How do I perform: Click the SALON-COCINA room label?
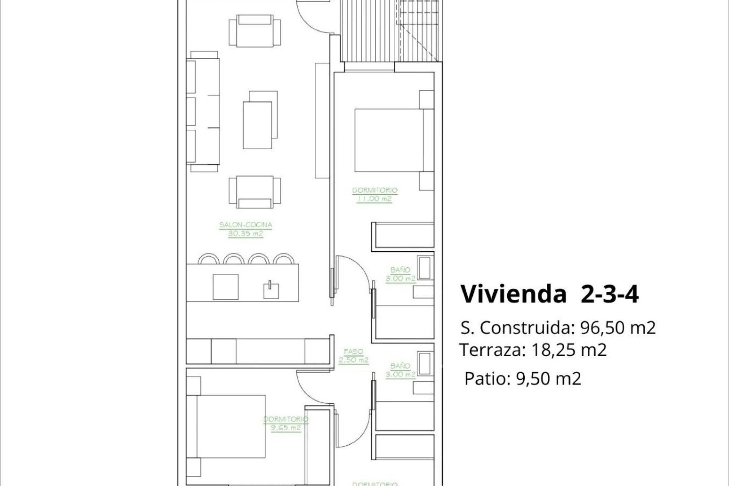(246, 225)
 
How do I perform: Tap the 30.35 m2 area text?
(245, 234)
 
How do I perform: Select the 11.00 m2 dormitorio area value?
(374, 199)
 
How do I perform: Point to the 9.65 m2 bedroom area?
(286, 428)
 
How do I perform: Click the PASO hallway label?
(353, 352)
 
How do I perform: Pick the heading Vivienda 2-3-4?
(549, 294)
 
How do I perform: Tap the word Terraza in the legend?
(490, 350)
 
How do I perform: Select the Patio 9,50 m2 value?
(548, 379)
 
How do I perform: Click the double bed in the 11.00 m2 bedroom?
(389, 140)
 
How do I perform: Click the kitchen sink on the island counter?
(271, 290)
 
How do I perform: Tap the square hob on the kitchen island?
(226, 287)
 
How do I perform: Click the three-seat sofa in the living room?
(203, 112)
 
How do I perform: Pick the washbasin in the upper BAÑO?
(425, 267)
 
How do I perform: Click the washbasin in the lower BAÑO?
(425, 363)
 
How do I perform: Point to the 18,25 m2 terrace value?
(569, 350)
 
